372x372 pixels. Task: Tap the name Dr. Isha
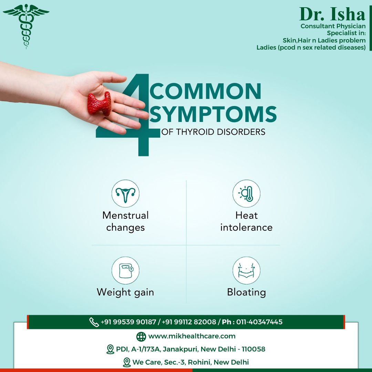[332, 14]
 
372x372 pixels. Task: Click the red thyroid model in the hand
[99, 103]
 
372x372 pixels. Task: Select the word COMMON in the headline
[205, 91]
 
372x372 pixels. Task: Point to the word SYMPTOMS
[213, 114]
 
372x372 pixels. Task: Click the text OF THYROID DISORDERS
[213, 132]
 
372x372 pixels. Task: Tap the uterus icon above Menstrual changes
[125, 194]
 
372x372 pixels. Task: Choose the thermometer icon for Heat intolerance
[247, 194]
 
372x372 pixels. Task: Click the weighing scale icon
[125, 270]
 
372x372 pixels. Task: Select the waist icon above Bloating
[247, 270]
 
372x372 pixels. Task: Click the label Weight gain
[125, 292]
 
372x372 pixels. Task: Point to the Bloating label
[247, 292]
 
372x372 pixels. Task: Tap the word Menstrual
[125, 215]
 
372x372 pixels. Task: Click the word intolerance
[247, 228]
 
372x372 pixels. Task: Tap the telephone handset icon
[94, 322]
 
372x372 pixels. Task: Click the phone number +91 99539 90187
[128, 322]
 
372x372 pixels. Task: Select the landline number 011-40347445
[259, 322]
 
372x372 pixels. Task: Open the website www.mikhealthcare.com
[192, 336]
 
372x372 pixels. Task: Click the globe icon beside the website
[141, 337]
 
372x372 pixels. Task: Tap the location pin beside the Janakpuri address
[110, 349]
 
